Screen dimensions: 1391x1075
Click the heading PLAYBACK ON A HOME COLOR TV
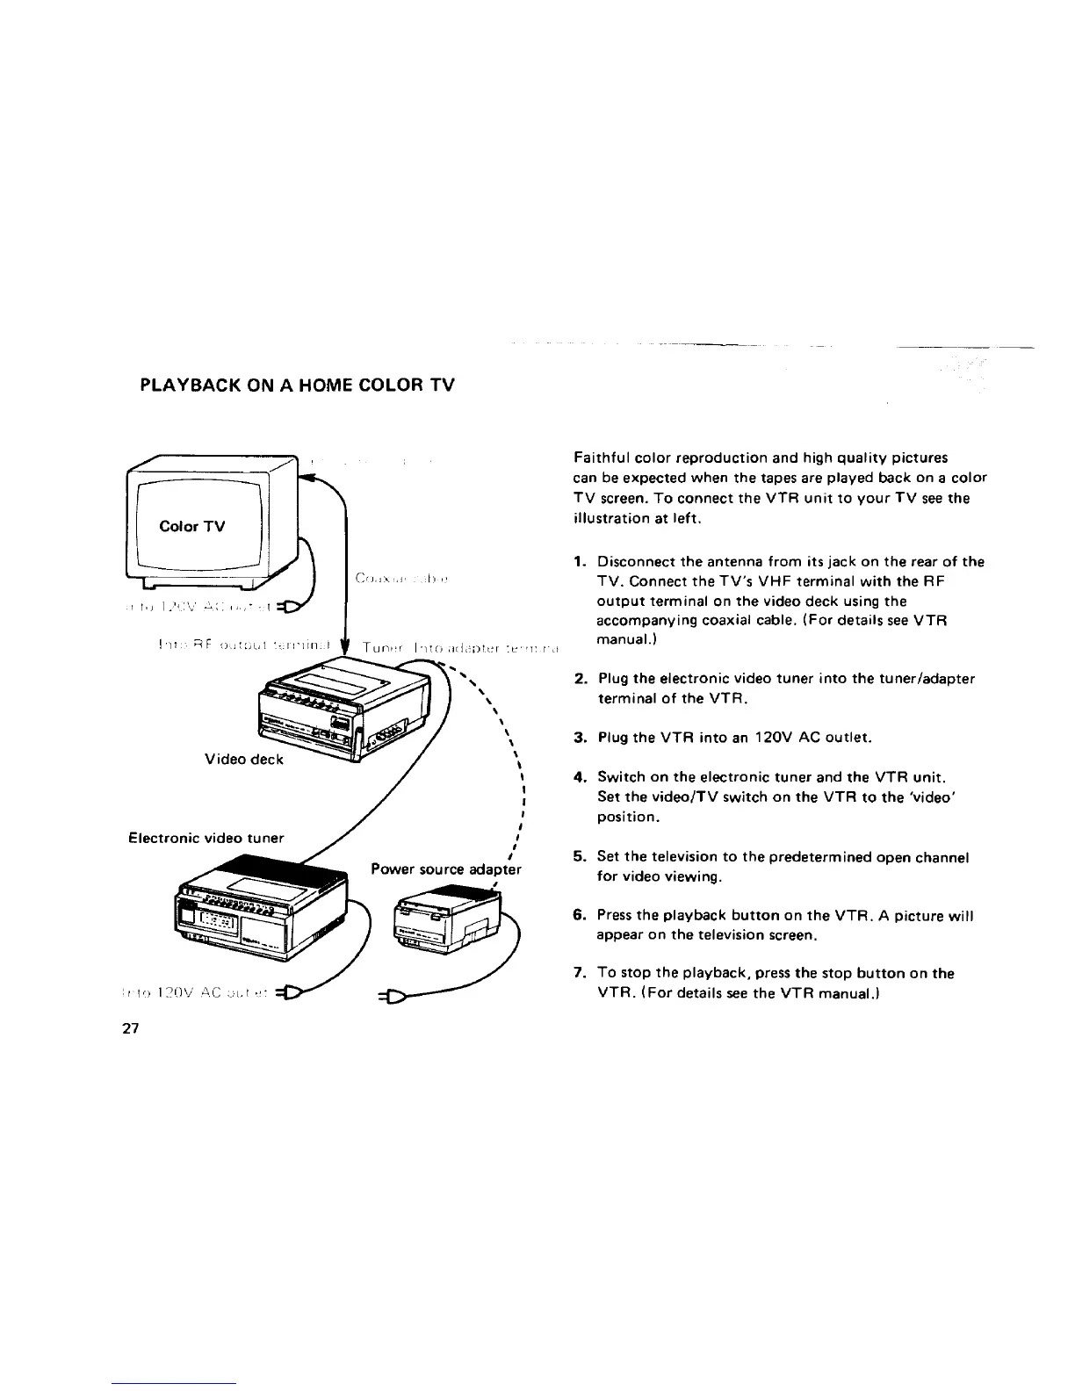tap(298, 385)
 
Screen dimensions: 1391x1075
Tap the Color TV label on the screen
tap(192, 526)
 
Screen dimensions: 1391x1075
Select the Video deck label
tap(244, 760)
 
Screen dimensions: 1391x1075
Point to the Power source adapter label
tap(446, 870)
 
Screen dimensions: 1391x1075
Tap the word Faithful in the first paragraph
tap(600, 458)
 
